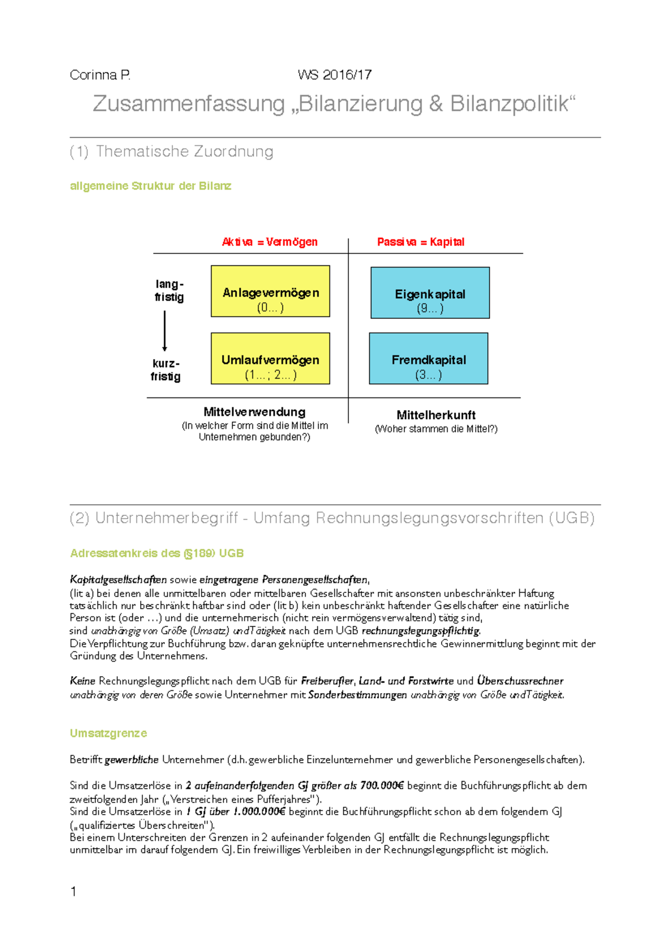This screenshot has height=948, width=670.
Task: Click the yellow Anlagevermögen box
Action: [270, 291]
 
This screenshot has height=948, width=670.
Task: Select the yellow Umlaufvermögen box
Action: [270, 358]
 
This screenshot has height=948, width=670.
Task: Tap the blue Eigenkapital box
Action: [430, 293]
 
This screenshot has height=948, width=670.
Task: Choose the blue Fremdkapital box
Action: [428, 358]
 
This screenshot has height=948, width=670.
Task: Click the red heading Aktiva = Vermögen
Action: [270, 242]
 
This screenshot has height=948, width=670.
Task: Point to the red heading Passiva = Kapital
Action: [420, 242]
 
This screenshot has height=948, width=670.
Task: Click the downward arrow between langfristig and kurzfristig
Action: [165, 331]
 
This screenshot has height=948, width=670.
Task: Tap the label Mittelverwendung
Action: [254, 412]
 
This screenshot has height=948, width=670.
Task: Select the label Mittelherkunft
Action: [436, 415]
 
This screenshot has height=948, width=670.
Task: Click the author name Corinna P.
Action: [100, 75]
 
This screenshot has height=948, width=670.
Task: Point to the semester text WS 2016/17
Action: [334, 75]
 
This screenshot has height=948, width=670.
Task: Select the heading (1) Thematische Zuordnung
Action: [171, 151]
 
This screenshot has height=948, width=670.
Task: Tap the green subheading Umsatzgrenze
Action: [108, 733]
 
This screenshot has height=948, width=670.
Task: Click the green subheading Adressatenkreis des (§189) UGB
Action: [157, 553]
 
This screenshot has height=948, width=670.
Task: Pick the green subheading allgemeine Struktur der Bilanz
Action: [150, 186]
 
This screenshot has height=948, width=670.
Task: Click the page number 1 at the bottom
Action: [74, 891]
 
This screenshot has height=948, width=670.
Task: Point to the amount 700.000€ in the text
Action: [382, 786]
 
